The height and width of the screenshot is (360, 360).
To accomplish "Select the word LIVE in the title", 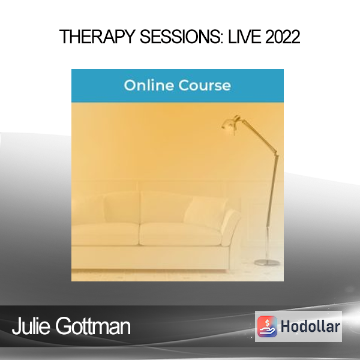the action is [x=245, y=37].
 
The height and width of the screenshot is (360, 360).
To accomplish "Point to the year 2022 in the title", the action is [x=283, y=37].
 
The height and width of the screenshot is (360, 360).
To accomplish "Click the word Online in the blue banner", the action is [x=149, y=85].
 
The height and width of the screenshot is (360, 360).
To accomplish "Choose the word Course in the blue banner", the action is [x=205, y=85].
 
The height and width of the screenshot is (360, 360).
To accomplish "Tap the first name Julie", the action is [x=31, y=326].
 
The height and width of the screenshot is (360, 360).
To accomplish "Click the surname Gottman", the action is [x=93, y=326].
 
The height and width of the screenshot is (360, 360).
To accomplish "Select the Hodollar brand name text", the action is [x=310, y=326].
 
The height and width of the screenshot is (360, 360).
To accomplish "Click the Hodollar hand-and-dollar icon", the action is [x=267, y=326].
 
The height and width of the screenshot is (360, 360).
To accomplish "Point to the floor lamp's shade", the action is [x=231, y=124].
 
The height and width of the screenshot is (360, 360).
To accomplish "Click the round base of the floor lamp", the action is [x=267, y=263].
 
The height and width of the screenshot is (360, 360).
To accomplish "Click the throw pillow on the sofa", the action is [x=205, y=212].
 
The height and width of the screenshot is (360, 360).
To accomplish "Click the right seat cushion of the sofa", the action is [x=181, y=234].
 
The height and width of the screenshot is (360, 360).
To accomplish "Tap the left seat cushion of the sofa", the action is [x=106, y=234].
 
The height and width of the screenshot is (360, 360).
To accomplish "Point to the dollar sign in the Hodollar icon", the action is [x=267, y=323].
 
